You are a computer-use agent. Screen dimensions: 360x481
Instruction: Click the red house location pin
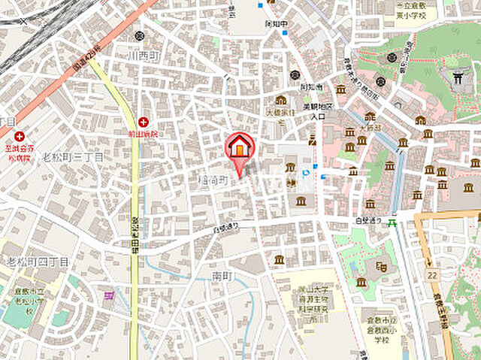coord(240,148)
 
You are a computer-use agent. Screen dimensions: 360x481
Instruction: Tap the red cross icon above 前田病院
coord(143,122)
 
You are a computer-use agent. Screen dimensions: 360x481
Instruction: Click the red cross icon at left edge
coord(20,137)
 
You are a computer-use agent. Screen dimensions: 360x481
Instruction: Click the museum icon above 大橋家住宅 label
coord(281,100)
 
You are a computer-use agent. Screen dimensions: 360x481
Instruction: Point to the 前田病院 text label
coord(143,134)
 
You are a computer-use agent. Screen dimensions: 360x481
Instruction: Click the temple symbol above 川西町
coord(140,36)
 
